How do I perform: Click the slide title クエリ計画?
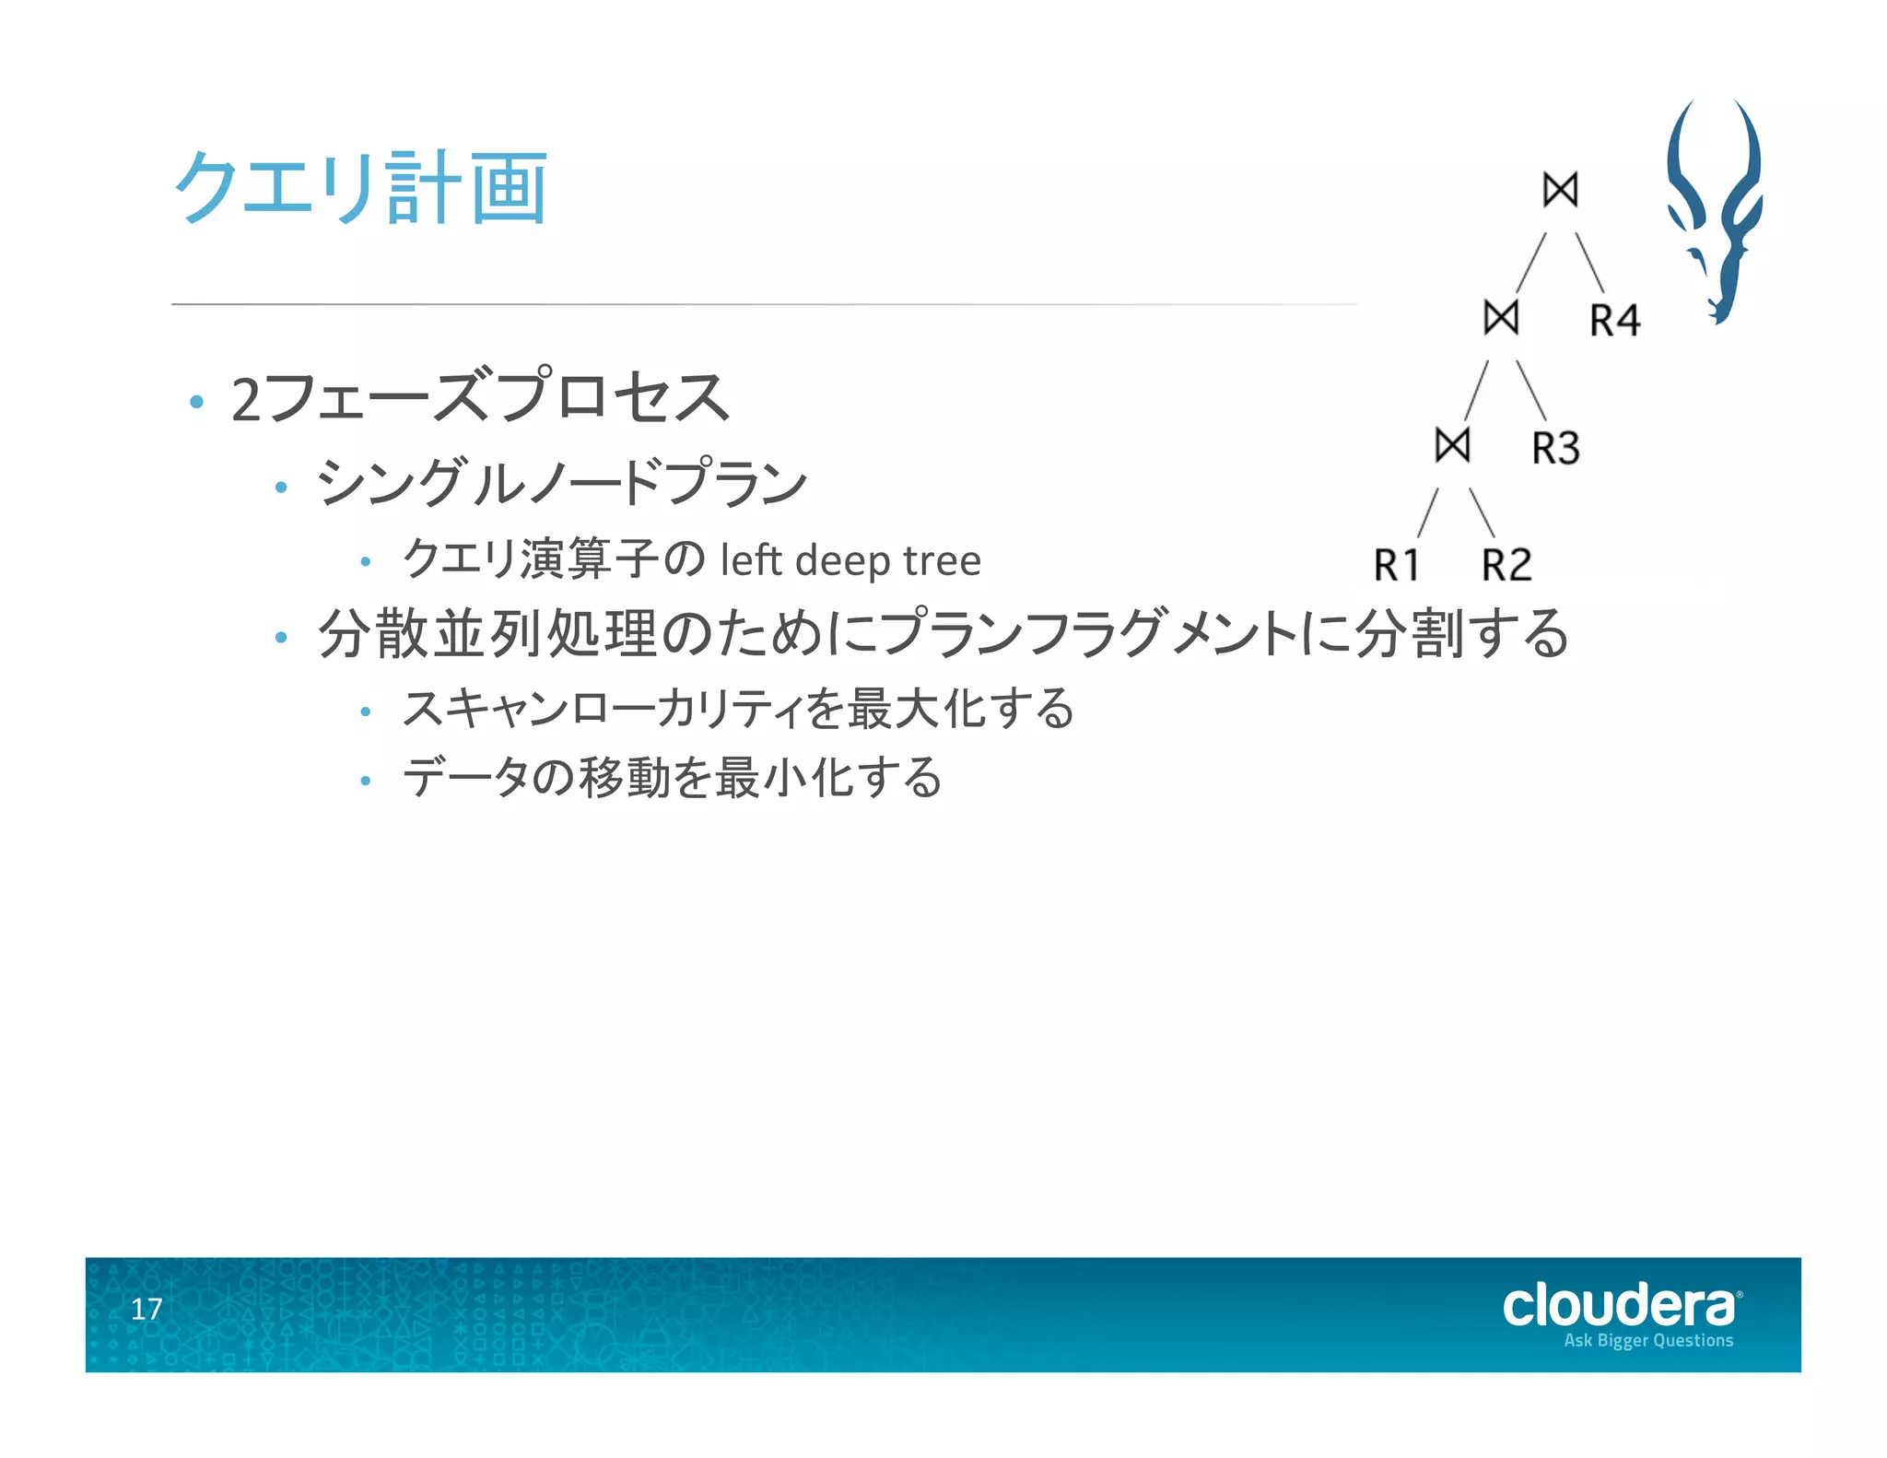361,188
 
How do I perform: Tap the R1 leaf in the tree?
1397,565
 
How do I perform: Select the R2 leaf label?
1506,565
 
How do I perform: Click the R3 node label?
1556,449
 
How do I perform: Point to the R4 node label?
1615,321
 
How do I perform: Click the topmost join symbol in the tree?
1560,190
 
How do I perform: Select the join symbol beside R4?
1501,318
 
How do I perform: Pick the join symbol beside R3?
1452,446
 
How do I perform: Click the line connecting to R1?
1428,512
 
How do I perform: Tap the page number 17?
147,1309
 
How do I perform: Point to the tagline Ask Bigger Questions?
1648,1340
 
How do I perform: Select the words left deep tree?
850,560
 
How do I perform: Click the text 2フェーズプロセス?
479,398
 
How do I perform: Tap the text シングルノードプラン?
562,482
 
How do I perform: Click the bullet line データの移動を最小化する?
672,777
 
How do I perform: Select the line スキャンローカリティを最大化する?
738,709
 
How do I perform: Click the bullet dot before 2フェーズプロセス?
195,402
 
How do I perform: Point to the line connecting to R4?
1590,263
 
